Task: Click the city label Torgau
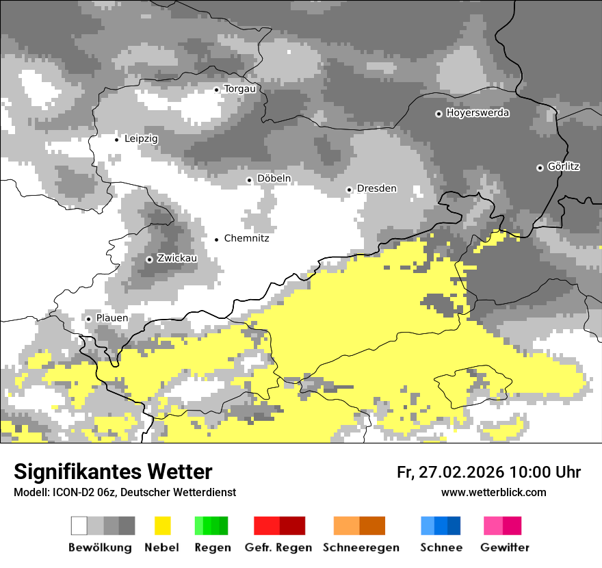(239, 89)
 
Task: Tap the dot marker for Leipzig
(116, 139)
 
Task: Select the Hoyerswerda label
(477, 113)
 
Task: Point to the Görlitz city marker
(540, 168)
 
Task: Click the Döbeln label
(274, 179)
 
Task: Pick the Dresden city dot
(349, 190)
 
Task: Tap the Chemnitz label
(246, 239)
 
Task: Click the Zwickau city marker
(149, 259)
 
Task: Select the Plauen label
(112, 318)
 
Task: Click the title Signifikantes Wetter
(113, 472)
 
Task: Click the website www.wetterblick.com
(493, 493)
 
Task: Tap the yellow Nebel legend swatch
(162, 526)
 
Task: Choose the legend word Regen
(212, 547)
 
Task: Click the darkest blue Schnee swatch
(454, 526)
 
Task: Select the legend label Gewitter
(504, 547)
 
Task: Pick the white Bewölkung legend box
(79, 526)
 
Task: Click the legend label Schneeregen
(361, 547)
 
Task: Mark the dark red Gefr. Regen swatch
(292, 526)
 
